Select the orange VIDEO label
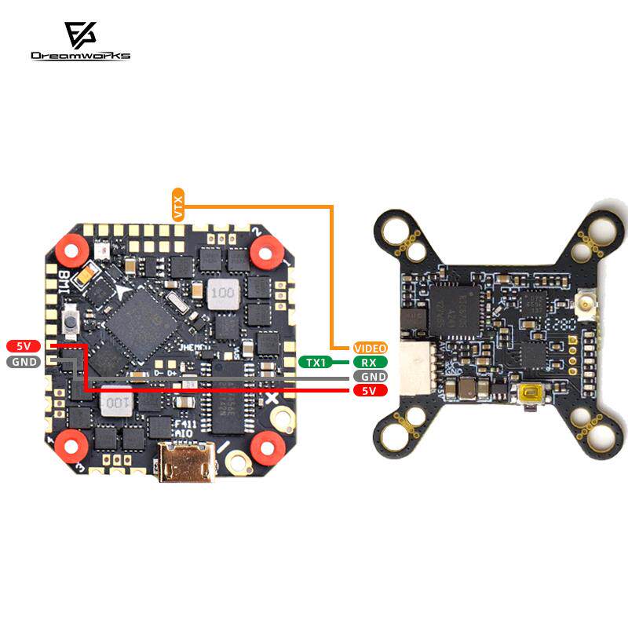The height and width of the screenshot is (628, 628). coord(369,348)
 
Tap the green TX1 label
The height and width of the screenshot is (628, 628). coord(316,362)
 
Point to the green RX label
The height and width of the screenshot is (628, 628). coord(369,362)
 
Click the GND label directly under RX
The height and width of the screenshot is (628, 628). coord(369,376)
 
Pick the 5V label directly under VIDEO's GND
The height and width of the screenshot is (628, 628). coord(369,390)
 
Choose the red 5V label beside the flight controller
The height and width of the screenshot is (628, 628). coord(24,346)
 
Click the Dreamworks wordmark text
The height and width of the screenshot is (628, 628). coord(80,56)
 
